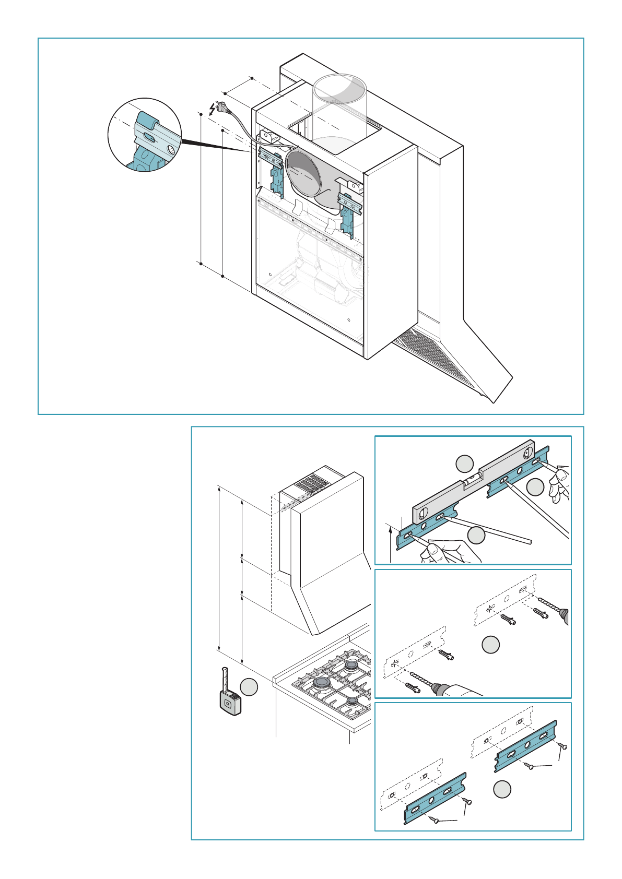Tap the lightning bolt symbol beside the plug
212,108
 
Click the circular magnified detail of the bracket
145,135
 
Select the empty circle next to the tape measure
249,686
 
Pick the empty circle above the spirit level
464,464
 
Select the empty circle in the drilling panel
490,644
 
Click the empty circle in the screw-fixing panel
502,789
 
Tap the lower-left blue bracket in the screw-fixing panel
435,799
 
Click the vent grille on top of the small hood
314,484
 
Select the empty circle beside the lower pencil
476,535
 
